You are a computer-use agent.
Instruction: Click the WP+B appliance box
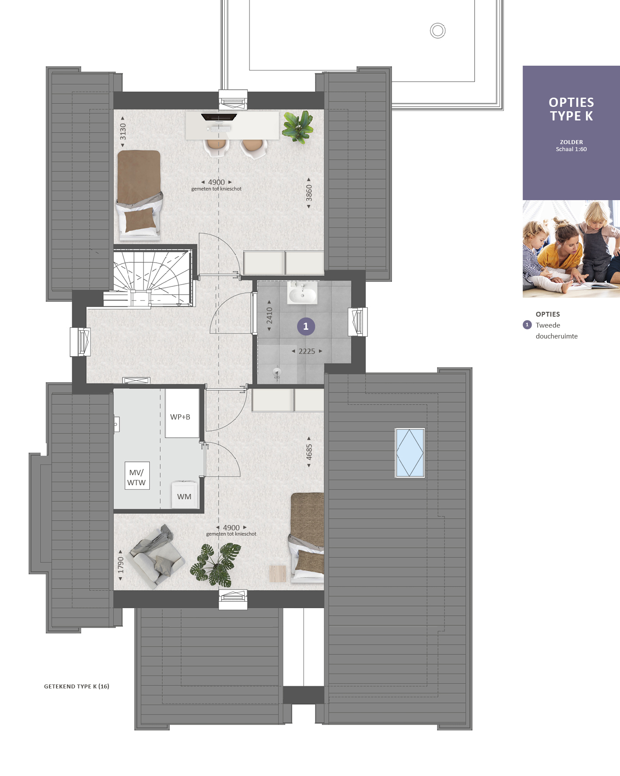(x=182, y=413)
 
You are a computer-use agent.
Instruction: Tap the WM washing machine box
(x=184, y=495)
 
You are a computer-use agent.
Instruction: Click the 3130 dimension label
(x=123, y=132)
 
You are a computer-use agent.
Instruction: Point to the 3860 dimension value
(x=309, y=193)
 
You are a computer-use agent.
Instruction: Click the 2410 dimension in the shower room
(x=270, y=316)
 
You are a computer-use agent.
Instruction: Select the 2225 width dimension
(x=307, y=351)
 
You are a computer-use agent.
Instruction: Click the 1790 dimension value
(x=121, y=565)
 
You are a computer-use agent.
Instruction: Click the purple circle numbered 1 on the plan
(x=306, y=326)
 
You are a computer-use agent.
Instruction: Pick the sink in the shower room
(x=302, y=293)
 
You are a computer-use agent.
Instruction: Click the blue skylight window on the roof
(x=410, y=452)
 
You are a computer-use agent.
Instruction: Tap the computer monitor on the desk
(x=219, y=117)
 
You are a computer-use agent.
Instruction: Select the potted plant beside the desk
(x=298, y=127)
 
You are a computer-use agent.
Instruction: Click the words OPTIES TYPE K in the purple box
(x=571, y=109)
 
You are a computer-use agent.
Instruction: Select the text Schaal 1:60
(x=571, y=149)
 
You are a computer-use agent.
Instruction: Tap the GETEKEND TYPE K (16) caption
(x=77, y=686)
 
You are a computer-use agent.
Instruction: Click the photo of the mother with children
(x=571, y=249)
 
